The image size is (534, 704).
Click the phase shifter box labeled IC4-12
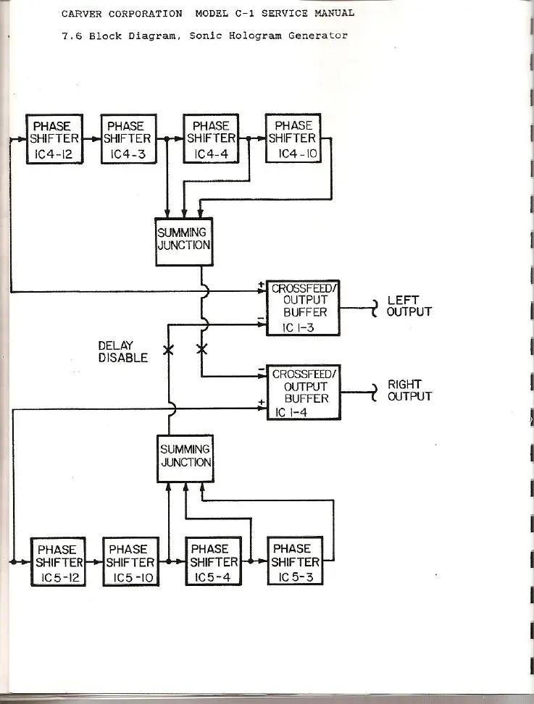coord(54,138)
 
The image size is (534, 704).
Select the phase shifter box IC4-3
coord(128,138)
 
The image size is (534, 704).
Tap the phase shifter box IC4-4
coord(211,138)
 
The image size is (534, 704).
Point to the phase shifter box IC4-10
coord(293,138)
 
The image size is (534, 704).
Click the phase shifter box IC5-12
coord(58,561)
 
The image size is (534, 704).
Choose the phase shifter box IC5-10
coord(131,561)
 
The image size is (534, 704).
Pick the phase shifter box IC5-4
coord(214,561)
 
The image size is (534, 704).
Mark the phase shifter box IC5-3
coord(295,561)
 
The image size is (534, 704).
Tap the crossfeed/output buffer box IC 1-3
coord(302,308)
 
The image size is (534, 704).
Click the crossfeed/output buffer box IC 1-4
coord(304,392)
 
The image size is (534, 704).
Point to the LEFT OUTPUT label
coord(409,306)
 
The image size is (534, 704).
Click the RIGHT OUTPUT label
coord(409,390)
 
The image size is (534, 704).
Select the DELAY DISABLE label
coord(122,351)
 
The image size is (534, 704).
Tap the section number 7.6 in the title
coord(71,35)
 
